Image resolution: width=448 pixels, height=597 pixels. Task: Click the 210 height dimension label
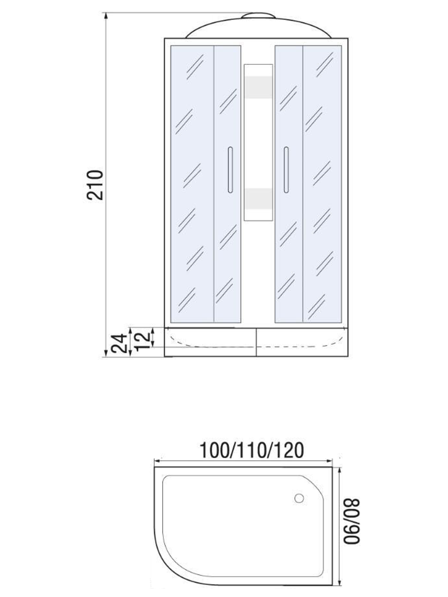(95, 185)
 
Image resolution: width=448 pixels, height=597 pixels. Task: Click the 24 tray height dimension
(117, 344)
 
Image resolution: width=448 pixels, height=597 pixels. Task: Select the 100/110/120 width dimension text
(251, 450)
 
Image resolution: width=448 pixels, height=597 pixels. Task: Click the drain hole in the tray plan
(299, 498)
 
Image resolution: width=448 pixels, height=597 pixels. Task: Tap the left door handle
(230, 170)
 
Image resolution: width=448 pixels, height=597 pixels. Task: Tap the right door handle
(286, 170)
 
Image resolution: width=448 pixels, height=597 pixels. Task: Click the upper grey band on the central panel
(258, 87)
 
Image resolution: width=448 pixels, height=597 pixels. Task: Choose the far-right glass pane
(323, 184)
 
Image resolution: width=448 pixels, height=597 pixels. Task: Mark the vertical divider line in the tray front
(256, 342)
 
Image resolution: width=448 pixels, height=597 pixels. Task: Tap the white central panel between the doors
(258, 143)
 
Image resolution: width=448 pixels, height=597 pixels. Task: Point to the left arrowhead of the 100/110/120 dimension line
(157, 461)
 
